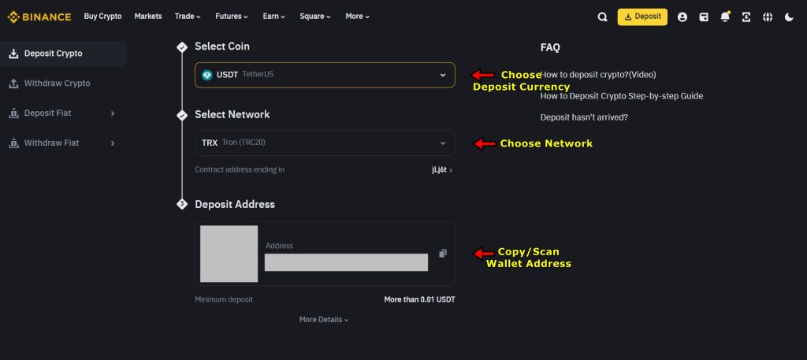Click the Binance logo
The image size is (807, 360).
coord(39,17)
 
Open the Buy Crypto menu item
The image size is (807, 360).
coord(102,17)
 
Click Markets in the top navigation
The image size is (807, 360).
coord(148,17)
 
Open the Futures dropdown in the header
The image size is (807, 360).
coord(232,17)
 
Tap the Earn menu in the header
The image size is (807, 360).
coord(274,17)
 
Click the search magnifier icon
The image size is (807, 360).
coord(603,17)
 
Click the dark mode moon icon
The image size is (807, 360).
coord(789,17)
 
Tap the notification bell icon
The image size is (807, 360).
coord(725,17)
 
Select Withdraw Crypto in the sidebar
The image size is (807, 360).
coord(57,84)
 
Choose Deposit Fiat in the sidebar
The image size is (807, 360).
coord(47,113)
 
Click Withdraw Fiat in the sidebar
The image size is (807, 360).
coord(51,143)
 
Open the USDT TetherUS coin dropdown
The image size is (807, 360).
coord(325,75)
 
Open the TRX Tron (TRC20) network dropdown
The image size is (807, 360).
coord(325,143)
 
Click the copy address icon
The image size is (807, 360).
coord(443,254)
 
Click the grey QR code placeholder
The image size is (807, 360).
coord(229,254)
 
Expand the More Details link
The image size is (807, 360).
coord(323,320)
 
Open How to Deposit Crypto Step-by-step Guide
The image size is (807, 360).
coord(621,96)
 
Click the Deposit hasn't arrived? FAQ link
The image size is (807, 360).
coord(584,117)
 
